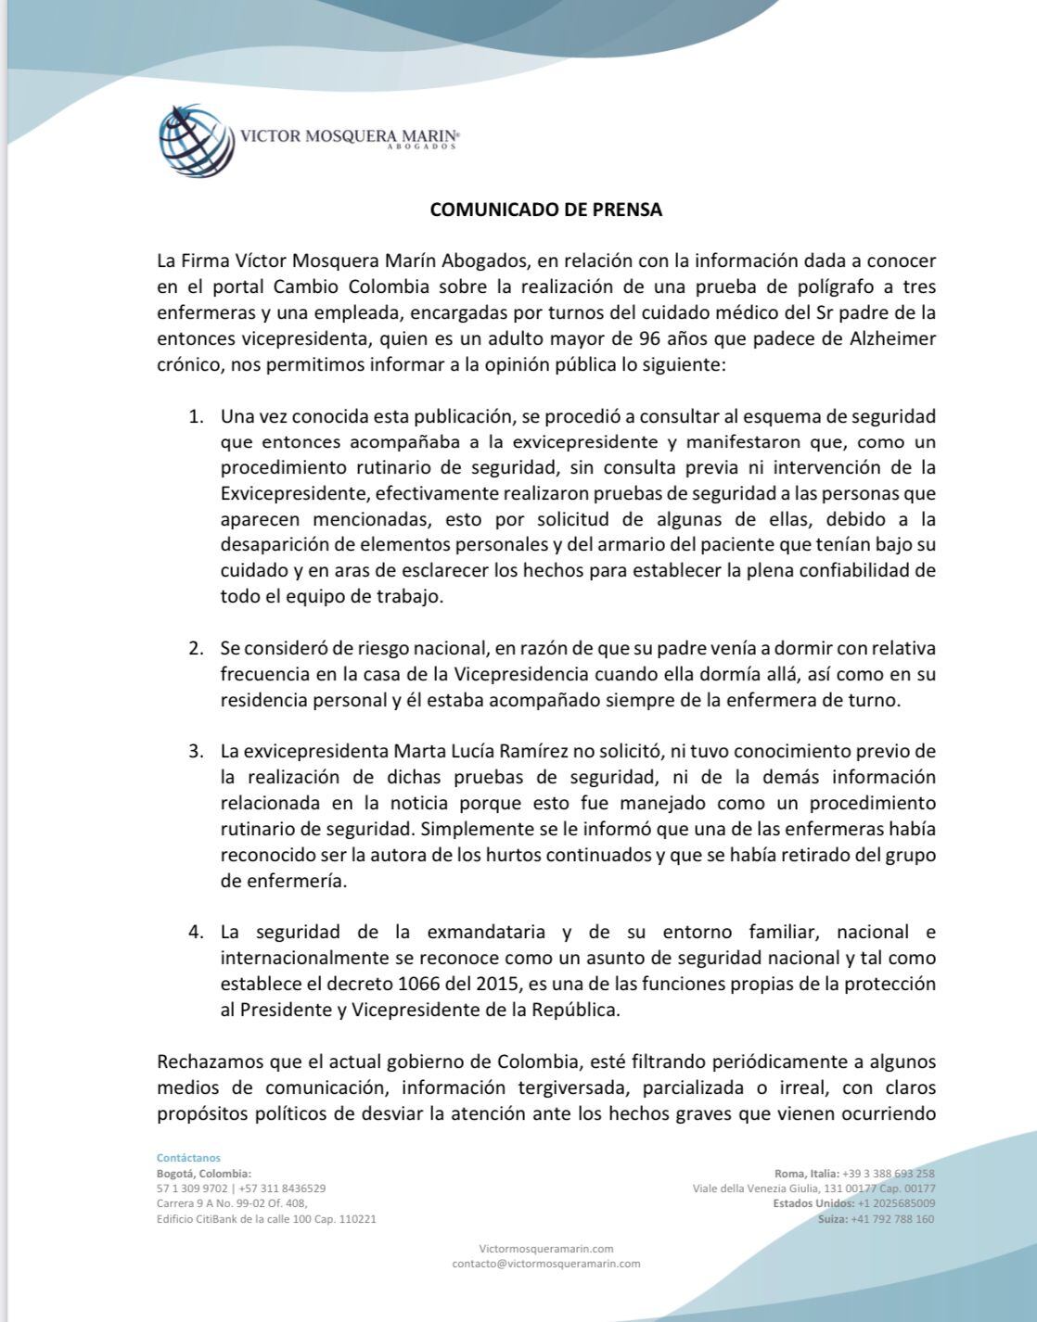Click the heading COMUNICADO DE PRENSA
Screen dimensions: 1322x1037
545,210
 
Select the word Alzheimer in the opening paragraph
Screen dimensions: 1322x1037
892,338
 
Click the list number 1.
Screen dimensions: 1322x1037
196,415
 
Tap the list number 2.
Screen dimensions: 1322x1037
196,647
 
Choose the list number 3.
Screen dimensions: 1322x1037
196,750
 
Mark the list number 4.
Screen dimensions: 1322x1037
196,932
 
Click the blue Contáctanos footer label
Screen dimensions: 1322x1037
188,1158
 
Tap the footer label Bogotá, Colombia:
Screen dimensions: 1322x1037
204,1174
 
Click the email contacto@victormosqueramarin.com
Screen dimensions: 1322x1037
545,1264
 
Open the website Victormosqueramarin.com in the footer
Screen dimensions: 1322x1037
545,1249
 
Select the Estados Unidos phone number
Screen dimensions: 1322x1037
896,1203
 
